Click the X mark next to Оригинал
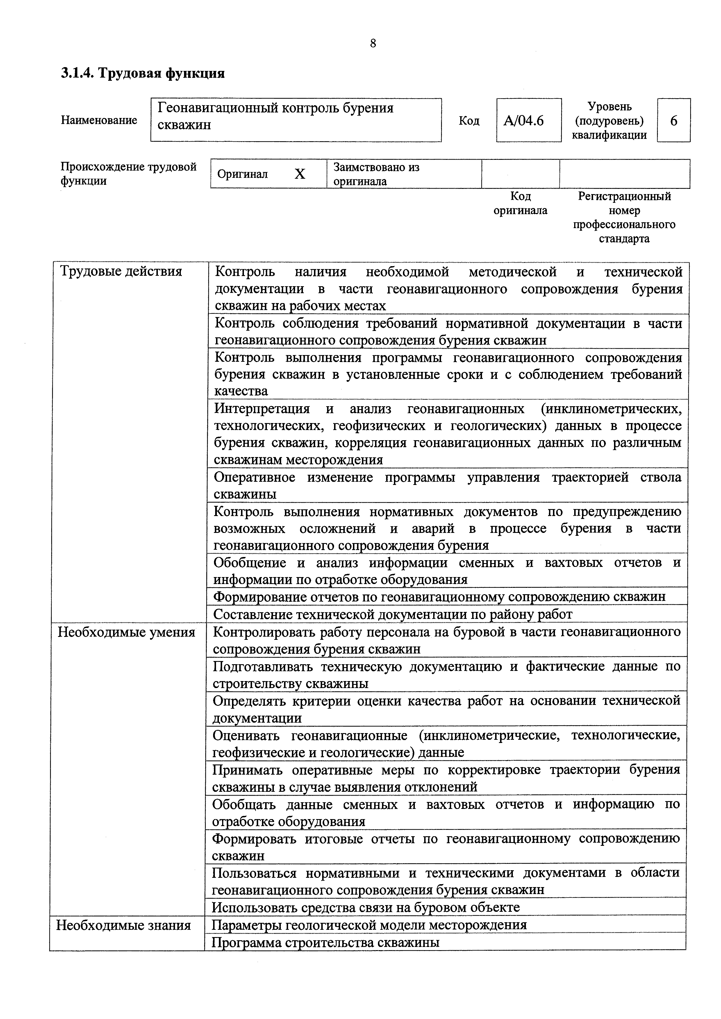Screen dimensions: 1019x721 click(x=300, y=174)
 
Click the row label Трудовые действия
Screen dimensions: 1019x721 click(x=121, y=271)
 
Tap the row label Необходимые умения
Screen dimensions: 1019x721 click(x=126, y=632)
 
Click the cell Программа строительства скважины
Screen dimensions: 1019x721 click(x=325, y=942)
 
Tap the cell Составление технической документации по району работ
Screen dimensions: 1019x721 click(x=393, y=614)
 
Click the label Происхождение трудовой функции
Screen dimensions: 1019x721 click(x=128, y=173)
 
